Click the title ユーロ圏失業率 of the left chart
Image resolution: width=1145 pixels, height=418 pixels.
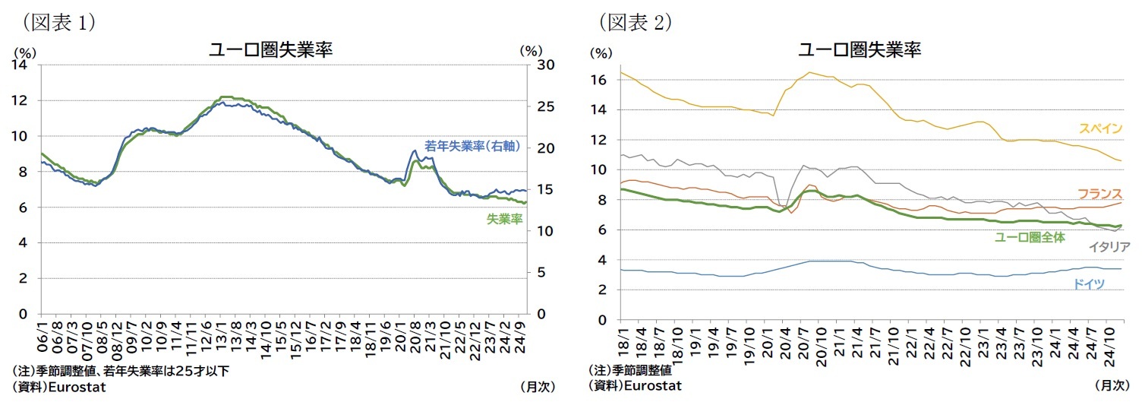[x=271, y=50]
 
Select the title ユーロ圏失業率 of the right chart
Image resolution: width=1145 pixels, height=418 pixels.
[x=860, y=50]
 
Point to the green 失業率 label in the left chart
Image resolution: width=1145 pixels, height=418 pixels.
[x=504, y=219]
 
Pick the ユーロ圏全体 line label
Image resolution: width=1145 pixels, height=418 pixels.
[x=1030, y=237]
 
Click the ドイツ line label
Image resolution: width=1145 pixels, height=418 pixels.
[x=1088, y=284]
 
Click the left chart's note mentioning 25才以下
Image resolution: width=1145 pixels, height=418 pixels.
[x=121, y=372]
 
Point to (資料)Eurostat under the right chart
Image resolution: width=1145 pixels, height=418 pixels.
[x=635, y=385]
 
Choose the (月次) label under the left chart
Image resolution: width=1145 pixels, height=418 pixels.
[x=537, y=386]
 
